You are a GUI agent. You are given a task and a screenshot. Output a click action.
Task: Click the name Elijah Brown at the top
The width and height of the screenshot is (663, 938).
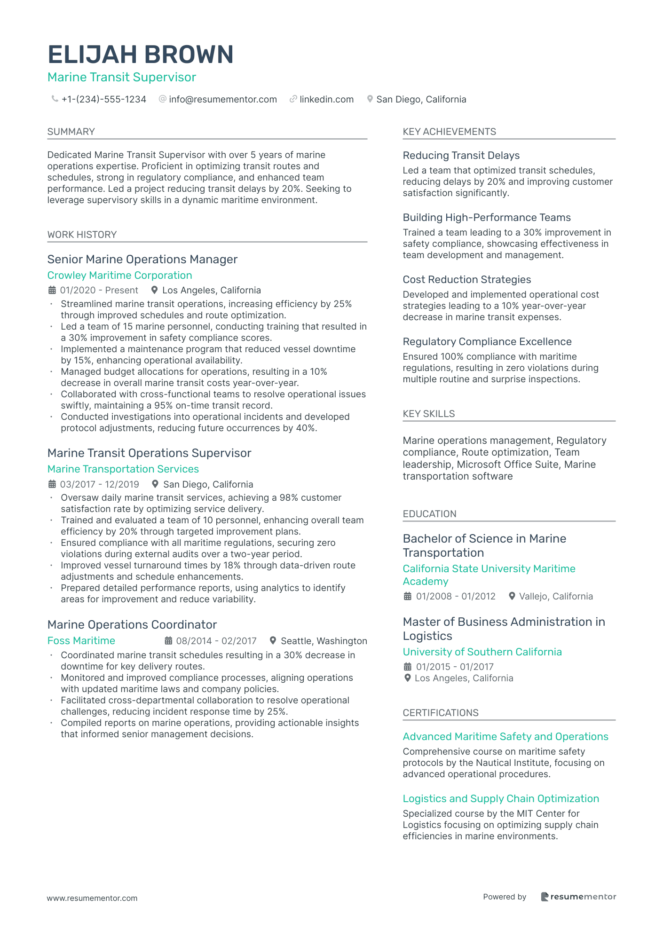coord(141,55)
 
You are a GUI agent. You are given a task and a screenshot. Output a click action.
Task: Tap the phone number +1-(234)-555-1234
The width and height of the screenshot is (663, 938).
coord(103,100)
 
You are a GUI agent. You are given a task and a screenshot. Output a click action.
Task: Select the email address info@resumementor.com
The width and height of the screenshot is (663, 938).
coord(222,100)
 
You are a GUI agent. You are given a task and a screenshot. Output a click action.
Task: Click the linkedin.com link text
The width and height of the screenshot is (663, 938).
coord(326,100)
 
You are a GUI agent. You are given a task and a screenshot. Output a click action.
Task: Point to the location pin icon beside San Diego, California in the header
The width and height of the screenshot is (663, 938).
coord(370,99)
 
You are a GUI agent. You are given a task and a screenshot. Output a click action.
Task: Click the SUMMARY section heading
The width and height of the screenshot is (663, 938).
coord(71,132)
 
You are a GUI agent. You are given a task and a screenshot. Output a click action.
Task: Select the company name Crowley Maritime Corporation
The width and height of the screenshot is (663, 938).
coord(119,276)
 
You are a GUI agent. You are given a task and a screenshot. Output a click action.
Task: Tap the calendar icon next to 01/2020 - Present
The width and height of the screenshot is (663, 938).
coord(52,290)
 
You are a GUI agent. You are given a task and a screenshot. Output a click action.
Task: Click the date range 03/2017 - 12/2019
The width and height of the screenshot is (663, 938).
coord(99,484)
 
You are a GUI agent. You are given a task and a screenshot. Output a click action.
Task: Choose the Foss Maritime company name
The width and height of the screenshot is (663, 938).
coord(81,641)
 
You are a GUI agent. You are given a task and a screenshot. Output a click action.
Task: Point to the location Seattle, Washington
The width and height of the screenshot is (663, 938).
coord(324,641)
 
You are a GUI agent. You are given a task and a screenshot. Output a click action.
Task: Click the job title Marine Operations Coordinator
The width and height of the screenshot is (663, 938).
coord(132,625)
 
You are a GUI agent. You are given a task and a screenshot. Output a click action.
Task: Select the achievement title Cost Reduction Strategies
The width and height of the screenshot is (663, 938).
coord(466,280)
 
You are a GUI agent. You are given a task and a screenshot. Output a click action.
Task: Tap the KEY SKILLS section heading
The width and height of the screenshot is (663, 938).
coord(428,414)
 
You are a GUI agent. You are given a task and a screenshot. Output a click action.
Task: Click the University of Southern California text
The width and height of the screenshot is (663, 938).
coord(482,652)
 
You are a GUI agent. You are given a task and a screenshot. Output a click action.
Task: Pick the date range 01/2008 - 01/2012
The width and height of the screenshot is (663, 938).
coord(455,597)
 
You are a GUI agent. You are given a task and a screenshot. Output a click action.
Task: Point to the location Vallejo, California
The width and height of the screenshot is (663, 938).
coord(556,597)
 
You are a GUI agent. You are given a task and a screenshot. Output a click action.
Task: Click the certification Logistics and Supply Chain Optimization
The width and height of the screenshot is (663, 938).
coord(501,799)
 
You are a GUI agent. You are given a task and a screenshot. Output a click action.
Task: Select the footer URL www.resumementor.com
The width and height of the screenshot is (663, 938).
coord(92,898)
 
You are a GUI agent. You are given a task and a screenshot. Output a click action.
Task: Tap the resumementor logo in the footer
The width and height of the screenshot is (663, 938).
coord(578,897)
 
